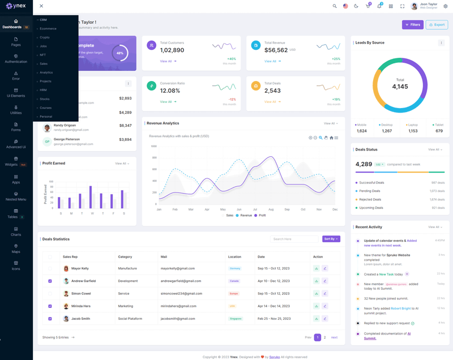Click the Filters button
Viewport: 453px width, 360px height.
click(x=413, y=25)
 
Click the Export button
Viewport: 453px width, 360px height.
click(x=437, y=25)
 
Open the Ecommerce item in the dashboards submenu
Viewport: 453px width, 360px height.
click(x=48, y=28)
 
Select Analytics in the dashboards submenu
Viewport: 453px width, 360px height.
click(x=46, y=72)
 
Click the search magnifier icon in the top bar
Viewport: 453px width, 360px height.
click(x=335, y=6)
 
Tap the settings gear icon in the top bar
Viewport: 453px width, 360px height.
click(x=446, y=6)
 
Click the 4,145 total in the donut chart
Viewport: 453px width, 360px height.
click(x=400, y=87)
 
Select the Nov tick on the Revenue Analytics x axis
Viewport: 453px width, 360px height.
click(x=319, y=209)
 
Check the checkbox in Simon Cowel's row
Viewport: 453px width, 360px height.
click(x=50, y=294)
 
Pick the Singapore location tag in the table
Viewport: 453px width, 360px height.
click(x=235, y=319)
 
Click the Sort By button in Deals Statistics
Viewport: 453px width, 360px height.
click(x=331, y=239)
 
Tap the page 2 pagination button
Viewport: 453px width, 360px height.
click(x=325, y=337)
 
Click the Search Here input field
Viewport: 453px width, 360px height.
click(x=294, y=239)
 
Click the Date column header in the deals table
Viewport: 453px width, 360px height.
click(x=261, y=257)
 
